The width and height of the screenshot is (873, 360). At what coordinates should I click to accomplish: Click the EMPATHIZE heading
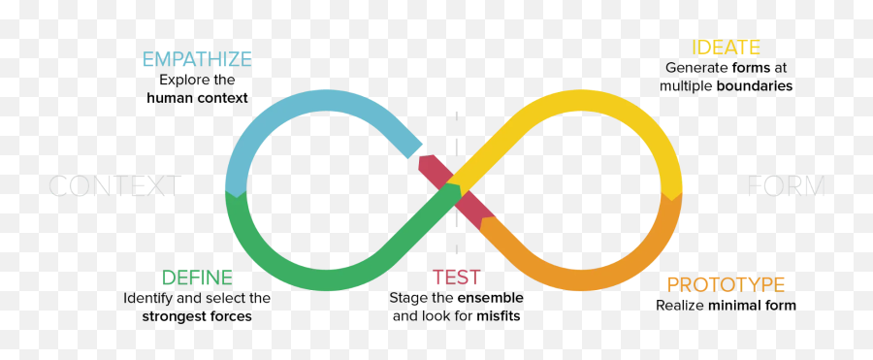(x=197, y=60)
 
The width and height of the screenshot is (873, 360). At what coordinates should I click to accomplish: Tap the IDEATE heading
(x=726, y=48)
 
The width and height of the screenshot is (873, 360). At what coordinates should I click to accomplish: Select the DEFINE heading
(x=197, y=278)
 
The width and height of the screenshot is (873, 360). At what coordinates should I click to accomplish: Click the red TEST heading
(x=457, y=278)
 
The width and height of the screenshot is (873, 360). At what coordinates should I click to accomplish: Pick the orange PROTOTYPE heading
(x=726, y=284)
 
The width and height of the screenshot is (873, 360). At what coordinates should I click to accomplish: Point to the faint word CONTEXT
(x=114, y=186)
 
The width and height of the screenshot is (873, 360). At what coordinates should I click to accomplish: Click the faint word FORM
(x=786, y=186)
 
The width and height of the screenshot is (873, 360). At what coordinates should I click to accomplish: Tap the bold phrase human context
(x=197, y=98)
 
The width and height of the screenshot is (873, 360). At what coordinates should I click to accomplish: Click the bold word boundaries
(x=754, y=86)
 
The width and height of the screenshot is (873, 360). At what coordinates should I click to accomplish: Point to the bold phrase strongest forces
(x=197, y=316)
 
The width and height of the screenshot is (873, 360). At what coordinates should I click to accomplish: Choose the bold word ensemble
(x=490, y=298)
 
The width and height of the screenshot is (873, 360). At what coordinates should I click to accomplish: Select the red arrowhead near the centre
(x=427, y=164)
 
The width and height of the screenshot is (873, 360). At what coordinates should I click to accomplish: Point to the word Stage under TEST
(x=407, y=298)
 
